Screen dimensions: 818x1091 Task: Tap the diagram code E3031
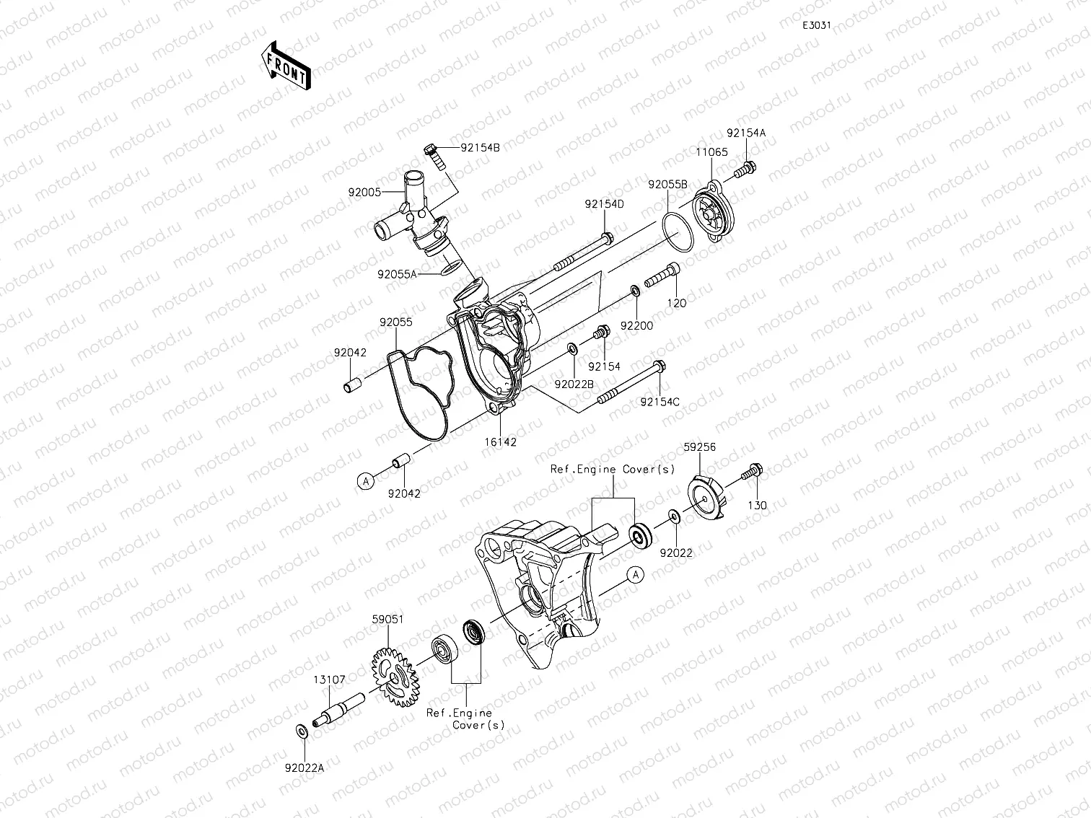[817, 25]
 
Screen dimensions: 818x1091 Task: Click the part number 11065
[711, 152]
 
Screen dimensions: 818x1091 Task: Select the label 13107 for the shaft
[328, 680]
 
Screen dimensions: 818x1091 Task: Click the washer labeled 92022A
[301, 731]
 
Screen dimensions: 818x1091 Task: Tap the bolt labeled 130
[752, 473]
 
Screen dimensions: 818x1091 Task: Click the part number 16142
[501, 442]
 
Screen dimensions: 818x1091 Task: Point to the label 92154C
[660, 402]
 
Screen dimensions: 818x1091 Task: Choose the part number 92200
[636, 325]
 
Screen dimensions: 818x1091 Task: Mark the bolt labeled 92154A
[745, 171]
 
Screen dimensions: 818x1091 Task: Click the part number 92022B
[574, 384]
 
